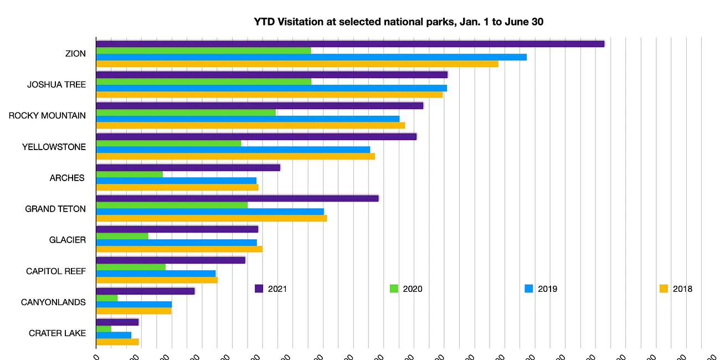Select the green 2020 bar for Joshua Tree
(204, 81)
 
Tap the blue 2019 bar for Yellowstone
(233, 150)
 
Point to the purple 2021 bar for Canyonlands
(146, 291)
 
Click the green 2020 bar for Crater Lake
(104, 328)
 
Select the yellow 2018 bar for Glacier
(179, 249)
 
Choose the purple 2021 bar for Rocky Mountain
(260, 106)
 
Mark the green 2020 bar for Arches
(130, 174)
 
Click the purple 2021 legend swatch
(259, 289)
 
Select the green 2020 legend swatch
(394, 289)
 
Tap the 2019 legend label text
(548, 289)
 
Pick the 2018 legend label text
(682, 289)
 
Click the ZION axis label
(75, 54)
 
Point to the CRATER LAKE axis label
(58, 333)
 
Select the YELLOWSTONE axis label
(54, 147)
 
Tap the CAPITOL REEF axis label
(56, 271)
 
